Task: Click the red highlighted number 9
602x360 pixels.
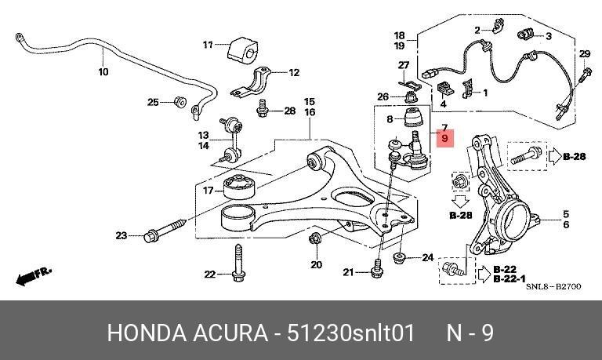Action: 445,138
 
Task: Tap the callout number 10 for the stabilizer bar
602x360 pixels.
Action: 103,71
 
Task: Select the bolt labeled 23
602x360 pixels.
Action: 165,229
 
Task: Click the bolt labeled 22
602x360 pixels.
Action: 238,262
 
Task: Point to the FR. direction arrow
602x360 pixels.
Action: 33,276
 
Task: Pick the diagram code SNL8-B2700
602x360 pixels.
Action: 553,286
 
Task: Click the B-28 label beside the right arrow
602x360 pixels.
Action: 575,156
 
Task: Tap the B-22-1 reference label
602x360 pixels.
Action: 510,279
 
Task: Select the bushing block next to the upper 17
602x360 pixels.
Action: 243,49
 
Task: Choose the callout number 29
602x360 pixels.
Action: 584,54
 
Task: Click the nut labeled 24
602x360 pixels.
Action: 399,258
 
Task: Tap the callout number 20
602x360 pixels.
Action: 317,264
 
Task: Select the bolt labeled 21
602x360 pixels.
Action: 377,268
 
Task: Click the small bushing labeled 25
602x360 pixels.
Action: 180,102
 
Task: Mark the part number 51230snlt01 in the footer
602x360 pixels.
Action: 351,333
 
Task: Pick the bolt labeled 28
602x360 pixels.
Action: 262,108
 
